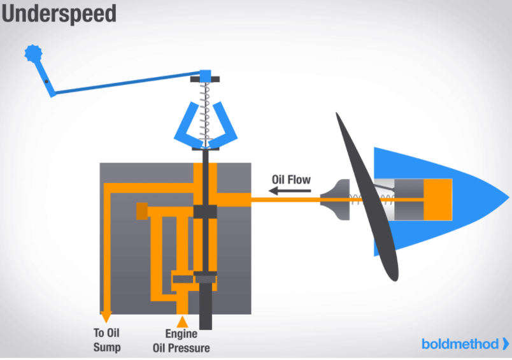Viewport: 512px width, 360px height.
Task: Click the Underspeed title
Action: coord(59,14)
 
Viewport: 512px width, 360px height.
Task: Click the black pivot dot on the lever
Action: coord(46,82)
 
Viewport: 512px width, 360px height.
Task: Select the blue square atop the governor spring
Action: coord(205,76)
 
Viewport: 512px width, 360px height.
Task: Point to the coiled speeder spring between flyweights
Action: coord(205,115)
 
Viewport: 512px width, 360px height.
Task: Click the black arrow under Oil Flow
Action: coord(285,190)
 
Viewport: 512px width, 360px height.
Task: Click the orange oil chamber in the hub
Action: coord(437,199)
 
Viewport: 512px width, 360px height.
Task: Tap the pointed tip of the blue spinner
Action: coord(506,199)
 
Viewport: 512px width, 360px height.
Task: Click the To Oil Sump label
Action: coord(106,340)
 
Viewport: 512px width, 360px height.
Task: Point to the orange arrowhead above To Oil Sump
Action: coord(106,317)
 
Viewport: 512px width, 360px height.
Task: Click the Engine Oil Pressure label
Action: coord(181,340)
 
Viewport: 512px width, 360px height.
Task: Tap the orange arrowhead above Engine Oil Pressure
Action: coord(182,320)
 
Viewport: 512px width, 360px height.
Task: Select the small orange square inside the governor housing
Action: coord(141,210)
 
